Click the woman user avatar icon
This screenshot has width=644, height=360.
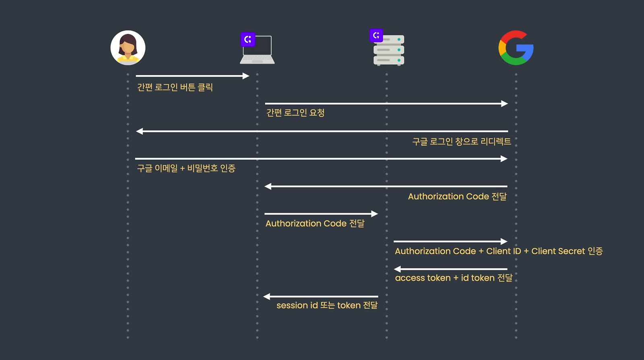[128, 47]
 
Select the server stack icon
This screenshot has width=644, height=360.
[389, 50]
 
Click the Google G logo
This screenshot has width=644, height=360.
[516, 47]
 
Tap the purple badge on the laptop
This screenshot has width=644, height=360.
[248, 39]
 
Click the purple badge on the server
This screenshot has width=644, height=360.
[376, 35]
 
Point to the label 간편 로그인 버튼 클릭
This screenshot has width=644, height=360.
[175, 87]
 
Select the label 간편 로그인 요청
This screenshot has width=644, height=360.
[295, 113]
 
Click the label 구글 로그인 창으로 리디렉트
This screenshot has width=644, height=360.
[462, 142]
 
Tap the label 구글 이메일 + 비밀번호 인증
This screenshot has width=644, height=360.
[186, 168]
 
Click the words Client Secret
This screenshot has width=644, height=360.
[558, 251]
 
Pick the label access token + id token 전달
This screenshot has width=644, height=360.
[454, 278]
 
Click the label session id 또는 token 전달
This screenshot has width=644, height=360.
[327, 305]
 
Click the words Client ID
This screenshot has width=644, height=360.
[504, 251]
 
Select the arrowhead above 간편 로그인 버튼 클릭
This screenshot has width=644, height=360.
[246, 76]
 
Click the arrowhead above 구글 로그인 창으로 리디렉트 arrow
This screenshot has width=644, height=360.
[140, 131]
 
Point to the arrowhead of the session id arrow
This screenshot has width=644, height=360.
[267, 297]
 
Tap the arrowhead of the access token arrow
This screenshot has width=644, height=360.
[397, 269]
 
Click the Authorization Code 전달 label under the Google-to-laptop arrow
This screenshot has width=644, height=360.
[457, 196]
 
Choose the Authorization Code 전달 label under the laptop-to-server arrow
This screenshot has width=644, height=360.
[315, 223]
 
